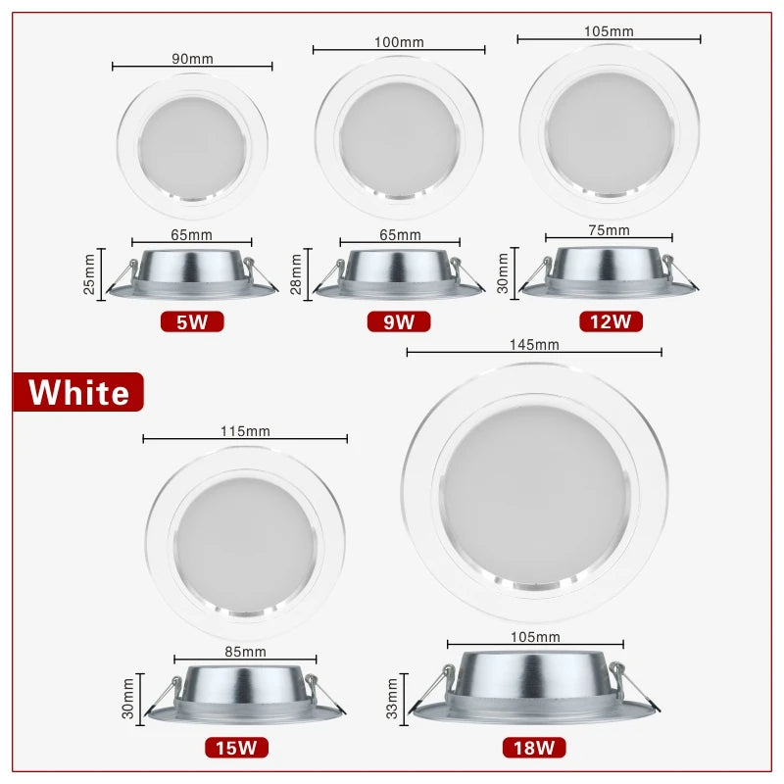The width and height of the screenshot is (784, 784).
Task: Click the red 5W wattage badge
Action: [192, 320]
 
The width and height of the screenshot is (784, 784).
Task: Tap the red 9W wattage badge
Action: [399, 320]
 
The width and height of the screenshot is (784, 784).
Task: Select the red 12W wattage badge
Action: [610, 320]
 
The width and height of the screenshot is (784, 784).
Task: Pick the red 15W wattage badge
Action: [236, 748]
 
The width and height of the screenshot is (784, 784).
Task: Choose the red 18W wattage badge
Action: [534, 748]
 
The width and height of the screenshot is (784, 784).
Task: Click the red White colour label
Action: [78, 392]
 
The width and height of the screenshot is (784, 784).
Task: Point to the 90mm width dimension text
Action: [192, 59]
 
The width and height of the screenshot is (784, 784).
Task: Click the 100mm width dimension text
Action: [399, 41]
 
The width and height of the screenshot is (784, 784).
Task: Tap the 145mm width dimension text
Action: [534, 344]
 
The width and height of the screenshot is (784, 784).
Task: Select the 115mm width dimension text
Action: [245, 430]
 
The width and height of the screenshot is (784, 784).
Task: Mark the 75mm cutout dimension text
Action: [610, 229]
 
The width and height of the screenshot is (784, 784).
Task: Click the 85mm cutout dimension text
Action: [245, 651]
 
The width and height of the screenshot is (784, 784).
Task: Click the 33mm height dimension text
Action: [393, 698]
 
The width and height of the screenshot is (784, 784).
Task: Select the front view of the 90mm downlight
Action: [192, 143]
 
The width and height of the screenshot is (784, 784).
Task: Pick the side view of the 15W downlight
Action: [245, 697]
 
